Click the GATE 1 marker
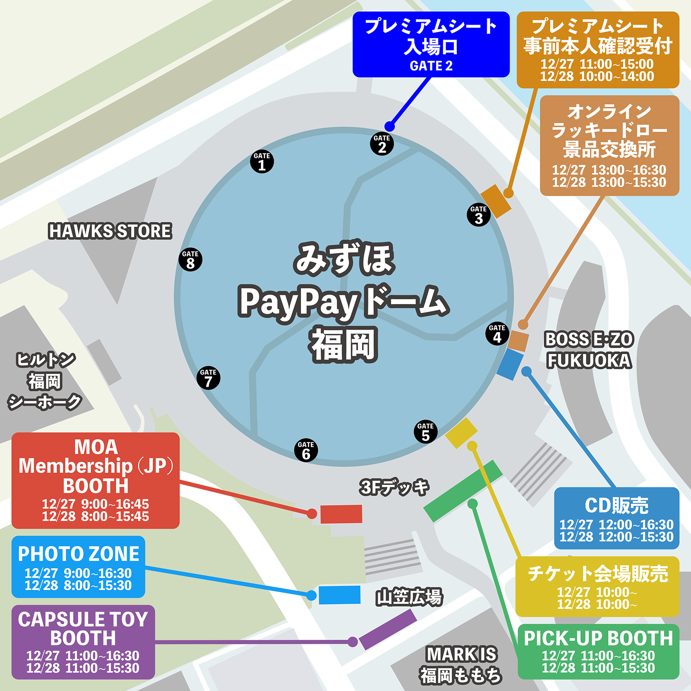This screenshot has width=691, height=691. (262, 162)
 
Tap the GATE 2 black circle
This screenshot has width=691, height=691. (382, 144)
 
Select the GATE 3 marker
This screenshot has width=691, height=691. (479, 215)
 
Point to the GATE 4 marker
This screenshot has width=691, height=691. (497, 333)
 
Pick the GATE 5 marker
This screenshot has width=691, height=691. (425, 431)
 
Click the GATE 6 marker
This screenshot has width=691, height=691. (306, 450)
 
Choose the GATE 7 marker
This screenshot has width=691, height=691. (208, 378)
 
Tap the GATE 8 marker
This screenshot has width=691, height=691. (190, 260)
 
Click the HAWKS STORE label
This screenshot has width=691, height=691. (110, 231)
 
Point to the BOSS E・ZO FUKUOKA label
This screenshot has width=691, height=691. (589, 350)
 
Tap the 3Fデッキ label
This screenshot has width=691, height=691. (394, 487)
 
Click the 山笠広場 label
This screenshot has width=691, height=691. (409, 597)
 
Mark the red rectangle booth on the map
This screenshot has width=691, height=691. (341, 514)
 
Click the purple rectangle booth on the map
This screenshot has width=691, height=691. (388, 629)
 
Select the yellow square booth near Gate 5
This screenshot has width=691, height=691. (461, 433)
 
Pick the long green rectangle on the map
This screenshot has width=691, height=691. (463, 491)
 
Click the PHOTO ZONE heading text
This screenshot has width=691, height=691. (79, 554)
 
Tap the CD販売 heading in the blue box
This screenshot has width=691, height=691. (616, 505)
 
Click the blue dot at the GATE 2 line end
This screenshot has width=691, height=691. (390, 127)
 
